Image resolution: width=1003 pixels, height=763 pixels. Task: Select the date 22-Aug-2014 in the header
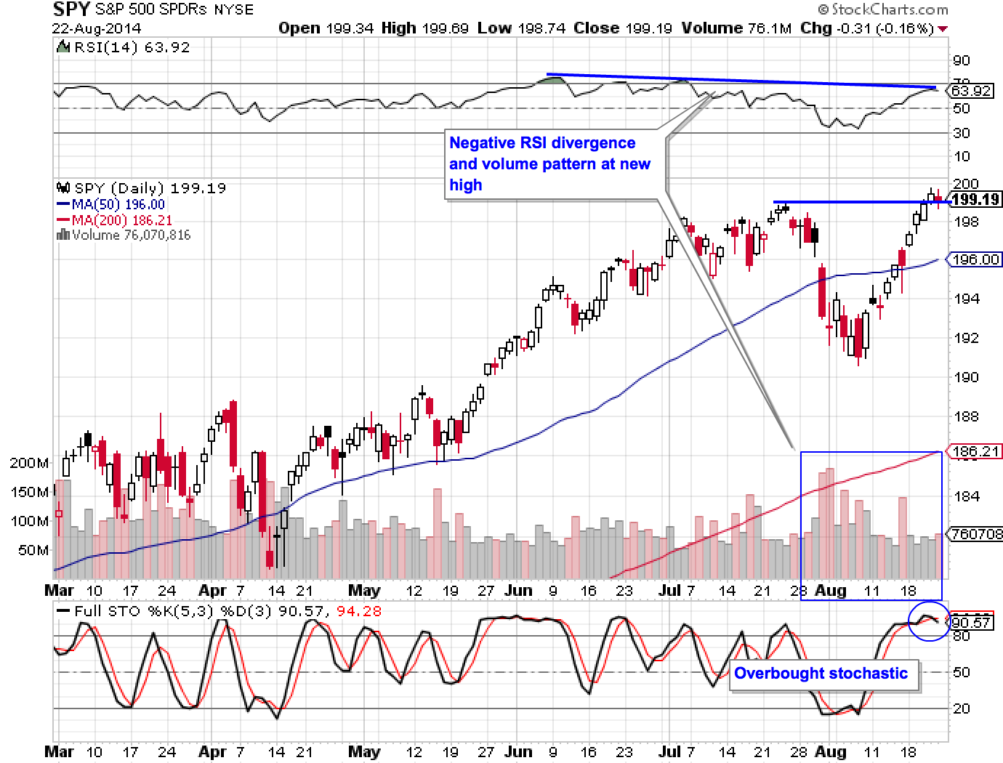coord(97,28)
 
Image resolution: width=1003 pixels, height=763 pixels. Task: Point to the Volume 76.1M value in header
coord(736,28)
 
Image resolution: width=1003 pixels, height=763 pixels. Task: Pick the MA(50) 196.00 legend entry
coord(111,205)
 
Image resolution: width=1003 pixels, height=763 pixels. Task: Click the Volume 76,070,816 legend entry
coord(124,235)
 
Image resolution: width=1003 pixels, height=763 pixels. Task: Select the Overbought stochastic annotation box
coord(821,674)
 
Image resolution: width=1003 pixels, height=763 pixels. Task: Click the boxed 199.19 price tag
coord(975,199)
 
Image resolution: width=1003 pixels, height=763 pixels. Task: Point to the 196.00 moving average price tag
coord(975,259)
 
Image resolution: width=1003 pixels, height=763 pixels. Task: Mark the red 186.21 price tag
coord(975,451)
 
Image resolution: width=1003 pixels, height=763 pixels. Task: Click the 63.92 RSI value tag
coord(971,91)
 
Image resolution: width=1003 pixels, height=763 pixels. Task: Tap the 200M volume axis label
coord(29,463)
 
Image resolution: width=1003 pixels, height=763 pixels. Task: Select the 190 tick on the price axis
coord(966,377)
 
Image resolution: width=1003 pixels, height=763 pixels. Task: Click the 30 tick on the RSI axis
coord(961,133)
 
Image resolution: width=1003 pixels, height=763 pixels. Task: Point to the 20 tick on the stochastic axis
coord(961,708)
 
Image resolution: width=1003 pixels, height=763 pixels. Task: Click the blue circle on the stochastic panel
coord(930,621)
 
